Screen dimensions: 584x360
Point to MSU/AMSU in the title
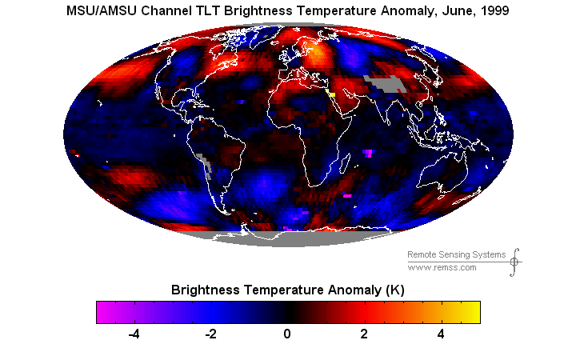(x=102, y=10)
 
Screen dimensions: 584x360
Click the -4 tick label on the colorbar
(x=134, y=334)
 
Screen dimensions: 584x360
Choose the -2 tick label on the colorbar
(x=210, y=334)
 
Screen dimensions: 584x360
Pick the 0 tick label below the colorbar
(x=286, y=334)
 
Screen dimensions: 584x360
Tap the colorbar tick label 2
(x=364, y=334)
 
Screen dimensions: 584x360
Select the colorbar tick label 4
(x=441, y=334)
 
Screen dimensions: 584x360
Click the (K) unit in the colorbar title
(x=394, y=290)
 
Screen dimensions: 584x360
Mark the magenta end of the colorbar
(x=102, y=312)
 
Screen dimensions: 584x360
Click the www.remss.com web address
(x=442, y=267)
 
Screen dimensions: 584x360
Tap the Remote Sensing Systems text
(x=456, y=254)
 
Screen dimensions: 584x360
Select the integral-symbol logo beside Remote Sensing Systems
(x=514, y=262)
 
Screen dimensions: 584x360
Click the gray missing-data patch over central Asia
(x=384, y=83)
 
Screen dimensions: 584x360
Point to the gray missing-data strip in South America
(x=206, y=166)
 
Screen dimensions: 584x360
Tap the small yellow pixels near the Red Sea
(x=330, y=93)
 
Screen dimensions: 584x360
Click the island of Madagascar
(x=346, y=163)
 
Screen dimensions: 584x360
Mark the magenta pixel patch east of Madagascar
(x=368, y=153)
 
